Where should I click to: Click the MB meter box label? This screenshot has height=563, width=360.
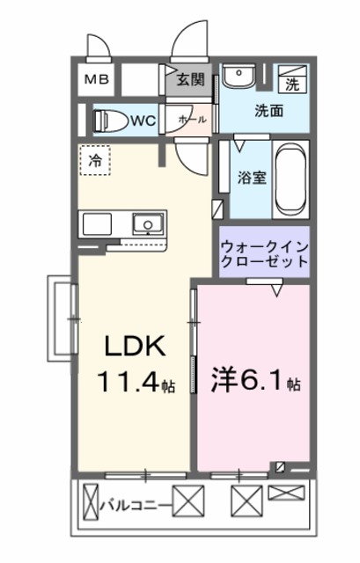(97, 80)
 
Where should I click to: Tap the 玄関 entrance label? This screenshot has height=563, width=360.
(190, 80)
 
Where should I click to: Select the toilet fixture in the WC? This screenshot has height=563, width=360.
(109, 120)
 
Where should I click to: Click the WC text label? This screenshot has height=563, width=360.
(144, 121)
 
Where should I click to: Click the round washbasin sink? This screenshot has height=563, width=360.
(236, 78)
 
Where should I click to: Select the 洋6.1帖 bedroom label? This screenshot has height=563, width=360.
(255, 384)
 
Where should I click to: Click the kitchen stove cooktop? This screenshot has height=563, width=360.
(96, 224)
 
